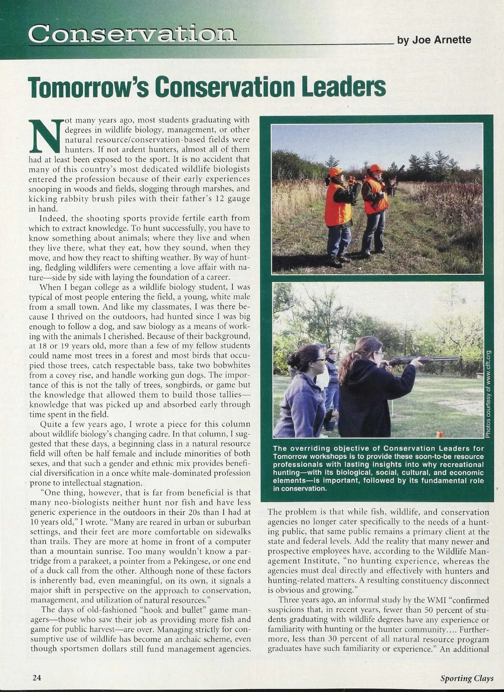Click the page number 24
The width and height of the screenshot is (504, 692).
pos(37,677)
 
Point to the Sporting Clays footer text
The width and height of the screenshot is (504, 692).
pos(467,678)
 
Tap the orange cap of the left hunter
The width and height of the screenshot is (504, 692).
pos(335,172)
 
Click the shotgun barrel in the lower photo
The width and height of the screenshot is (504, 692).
pos(437,359)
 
